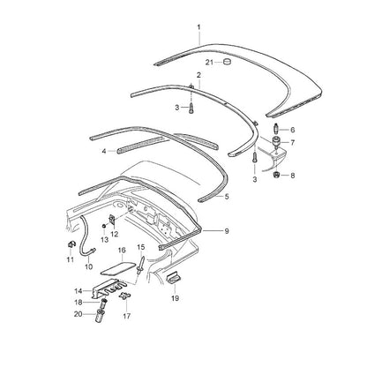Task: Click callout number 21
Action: pyautogui.click(x=209, y=63)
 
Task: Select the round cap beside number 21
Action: pyautogui.click(x=227, y=62)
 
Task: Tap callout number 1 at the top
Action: pyautogui.click(x=198, y=27)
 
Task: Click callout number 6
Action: pyautogui.click(x=292, y=130)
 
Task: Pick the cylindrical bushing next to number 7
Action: pyautogui.click(x=277, y=141)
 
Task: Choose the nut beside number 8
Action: pyautogui.click(x=276, y=175)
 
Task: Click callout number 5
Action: pyautogui.click(x=227, y=197)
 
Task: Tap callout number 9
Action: pyautogui.click(x=227, y=231)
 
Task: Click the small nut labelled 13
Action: pyautogui.click(x=104, y=226)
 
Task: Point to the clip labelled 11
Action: pyautogui.click(x=71, y=244)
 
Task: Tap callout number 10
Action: pyautogui.click(x=88, y=266)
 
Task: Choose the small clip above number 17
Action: pyautogui.click(x=125, y=296)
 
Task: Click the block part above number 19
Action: pyautogui.click(x=173, y=278)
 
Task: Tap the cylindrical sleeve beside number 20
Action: pyautogui.click(x=100, y=316)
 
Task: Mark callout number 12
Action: pyautogui.click(x=114, y=235)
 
